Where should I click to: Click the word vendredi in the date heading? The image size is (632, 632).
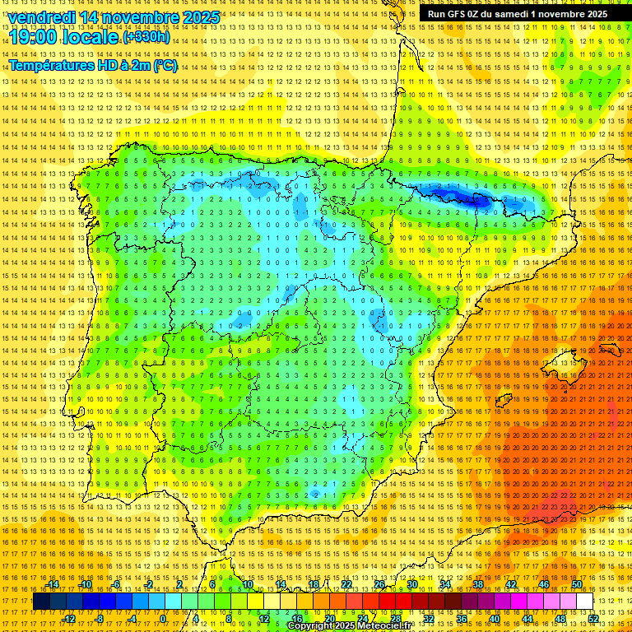coord(43,17)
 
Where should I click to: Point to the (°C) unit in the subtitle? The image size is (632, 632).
coord(165,66)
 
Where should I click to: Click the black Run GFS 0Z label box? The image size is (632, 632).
coord(518,14)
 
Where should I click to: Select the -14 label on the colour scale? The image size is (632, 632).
coord(54,584)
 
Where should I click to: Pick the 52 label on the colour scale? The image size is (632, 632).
coord(592,619)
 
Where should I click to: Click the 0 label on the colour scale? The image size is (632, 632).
coord(163,619)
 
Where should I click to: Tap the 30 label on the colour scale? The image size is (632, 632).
coord(411,584)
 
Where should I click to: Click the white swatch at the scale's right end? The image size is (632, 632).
coord(584,602)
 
